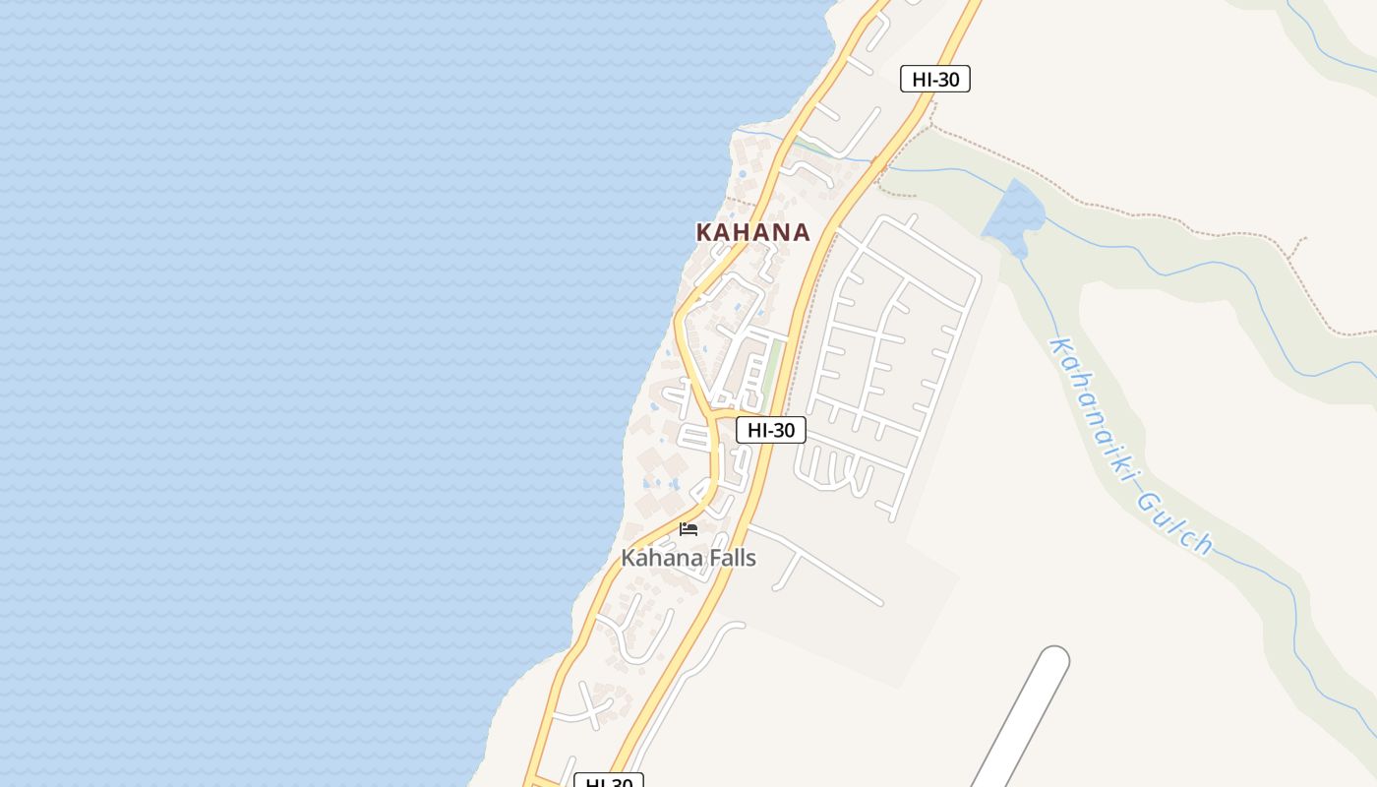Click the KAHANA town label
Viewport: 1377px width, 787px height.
tap(752, 232)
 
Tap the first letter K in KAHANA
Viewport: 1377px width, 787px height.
tap(704, 232)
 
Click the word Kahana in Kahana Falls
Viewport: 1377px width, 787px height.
tap(656, 558)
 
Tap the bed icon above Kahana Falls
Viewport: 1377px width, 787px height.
tap(688, 529)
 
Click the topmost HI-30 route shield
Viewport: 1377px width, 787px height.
tap(934, 79)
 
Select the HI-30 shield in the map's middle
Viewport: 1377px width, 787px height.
tap(770, 430)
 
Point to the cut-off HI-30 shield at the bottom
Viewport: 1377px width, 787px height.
tap(609, 782)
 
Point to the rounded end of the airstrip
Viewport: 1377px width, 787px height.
tap(1053, 660)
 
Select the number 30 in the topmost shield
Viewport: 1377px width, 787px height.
tap(947, 79)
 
